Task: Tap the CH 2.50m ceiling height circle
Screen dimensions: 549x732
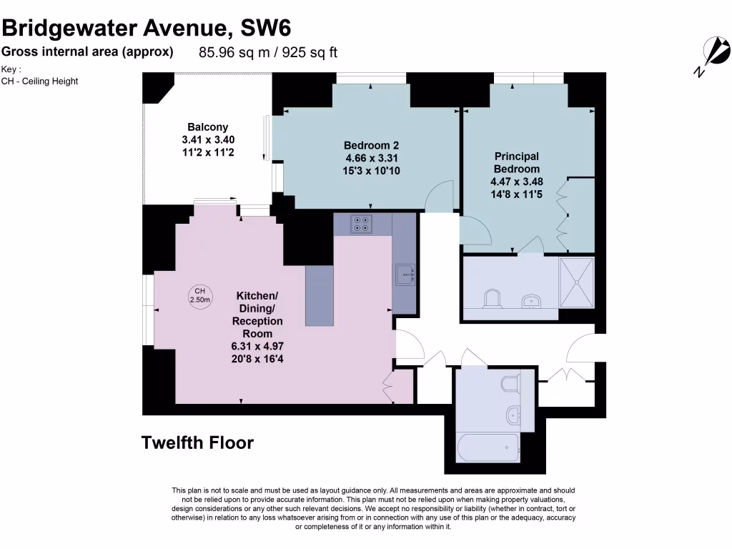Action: tap(200, 295)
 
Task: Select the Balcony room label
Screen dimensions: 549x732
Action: tap(208, 127)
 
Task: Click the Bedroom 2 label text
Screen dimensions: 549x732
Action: tap(370, 145)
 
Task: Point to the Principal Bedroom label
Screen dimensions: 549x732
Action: tap(517, 162)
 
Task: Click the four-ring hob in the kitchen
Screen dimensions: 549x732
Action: tap(362, 224)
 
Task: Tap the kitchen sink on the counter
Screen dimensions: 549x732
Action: tap(405, 274)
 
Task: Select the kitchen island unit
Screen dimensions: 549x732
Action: tap(320, 295)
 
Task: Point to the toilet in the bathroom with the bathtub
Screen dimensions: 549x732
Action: tap(510, 385)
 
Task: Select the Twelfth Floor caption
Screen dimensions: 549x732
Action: tap(197, 442)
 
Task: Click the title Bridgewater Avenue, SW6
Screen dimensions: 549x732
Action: tap(146, 29)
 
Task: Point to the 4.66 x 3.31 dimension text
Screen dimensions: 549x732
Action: tap(370, 158)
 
